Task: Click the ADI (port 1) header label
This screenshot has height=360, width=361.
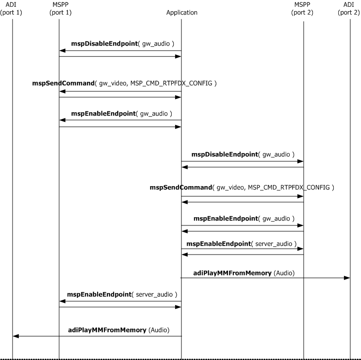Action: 12,9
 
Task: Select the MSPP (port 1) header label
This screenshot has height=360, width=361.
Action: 59,9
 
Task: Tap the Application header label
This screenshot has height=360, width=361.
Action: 181,13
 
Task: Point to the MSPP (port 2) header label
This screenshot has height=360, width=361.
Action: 303,9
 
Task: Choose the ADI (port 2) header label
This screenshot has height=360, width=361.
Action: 350,9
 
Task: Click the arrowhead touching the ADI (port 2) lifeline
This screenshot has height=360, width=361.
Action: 347,278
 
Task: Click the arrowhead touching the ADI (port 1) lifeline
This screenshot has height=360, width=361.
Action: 16,336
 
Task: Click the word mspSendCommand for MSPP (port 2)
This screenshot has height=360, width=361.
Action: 181,187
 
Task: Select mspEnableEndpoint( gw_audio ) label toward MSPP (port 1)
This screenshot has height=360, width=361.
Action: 122,114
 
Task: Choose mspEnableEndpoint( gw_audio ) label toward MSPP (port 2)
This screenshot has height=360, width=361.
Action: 244,219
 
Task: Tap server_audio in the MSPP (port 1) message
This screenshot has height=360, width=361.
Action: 155,294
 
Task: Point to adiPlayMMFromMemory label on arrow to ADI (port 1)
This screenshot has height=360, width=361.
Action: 107,330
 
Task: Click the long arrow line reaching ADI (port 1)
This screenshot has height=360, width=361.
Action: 97,336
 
